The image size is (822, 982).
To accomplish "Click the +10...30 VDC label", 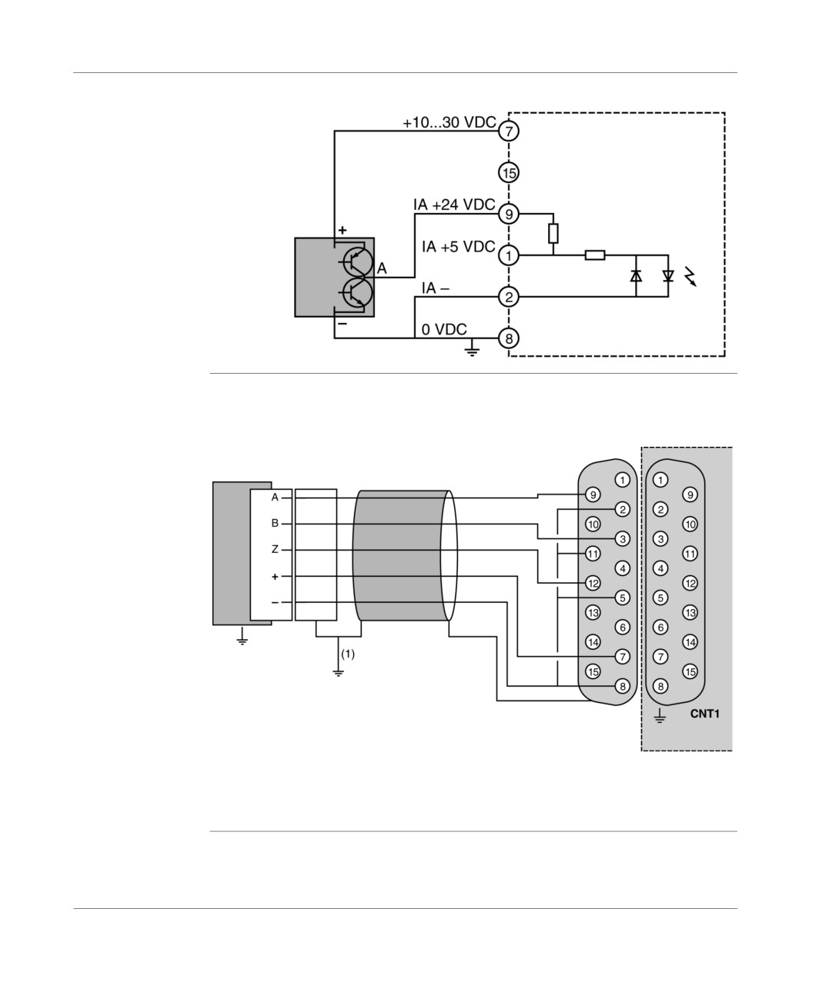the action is [x=449, y=122].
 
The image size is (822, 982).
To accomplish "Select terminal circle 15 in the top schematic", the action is [x=509, y=172].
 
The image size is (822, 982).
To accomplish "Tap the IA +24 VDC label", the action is [x=454, y=205].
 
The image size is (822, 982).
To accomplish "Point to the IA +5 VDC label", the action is [x=458, y=246].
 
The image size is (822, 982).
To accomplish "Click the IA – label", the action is [x=436, y=288].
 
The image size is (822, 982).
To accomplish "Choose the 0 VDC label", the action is [x=444, y=329].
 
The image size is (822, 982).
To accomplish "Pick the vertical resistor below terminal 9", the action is [x=553, y=234].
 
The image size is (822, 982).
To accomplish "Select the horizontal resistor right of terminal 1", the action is [x=595, y=255].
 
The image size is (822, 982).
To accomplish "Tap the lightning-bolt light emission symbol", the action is [x=690, y=276].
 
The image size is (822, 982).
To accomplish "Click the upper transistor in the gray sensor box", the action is [x=358, y=261].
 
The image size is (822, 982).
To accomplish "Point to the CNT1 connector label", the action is [x=704, y=714].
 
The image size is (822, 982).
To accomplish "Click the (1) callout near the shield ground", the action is [x=347, y=654].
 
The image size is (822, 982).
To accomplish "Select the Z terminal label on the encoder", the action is [x=275, y=549].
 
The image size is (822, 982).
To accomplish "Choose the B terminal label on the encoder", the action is [x=275, y=523].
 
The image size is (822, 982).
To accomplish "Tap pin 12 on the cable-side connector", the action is [x=593, y=583].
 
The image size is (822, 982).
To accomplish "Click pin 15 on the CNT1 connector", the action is [x=690, y=671].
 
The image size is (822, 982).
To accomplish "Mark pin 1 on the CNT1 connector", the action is [x=660, y=480].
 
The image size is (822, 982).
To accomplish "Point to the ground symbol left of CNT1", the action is [x=660, y=715].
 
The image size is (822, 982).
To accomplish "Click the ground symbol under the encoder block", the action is [x=242, y=635].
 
